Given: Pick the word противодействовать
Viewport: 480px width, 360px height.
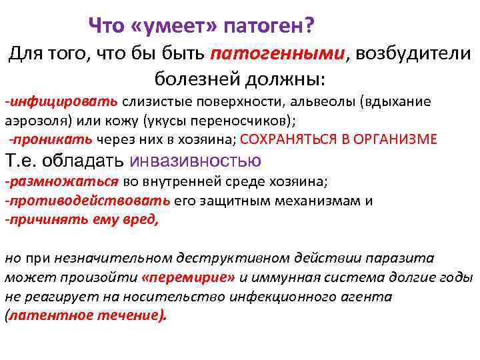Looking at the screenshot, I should pyautogui.click(x=87, y=200).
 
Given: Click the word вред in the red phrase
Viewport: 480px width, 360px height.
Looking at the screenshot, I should pyautogui.click(x=143, y=219).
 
